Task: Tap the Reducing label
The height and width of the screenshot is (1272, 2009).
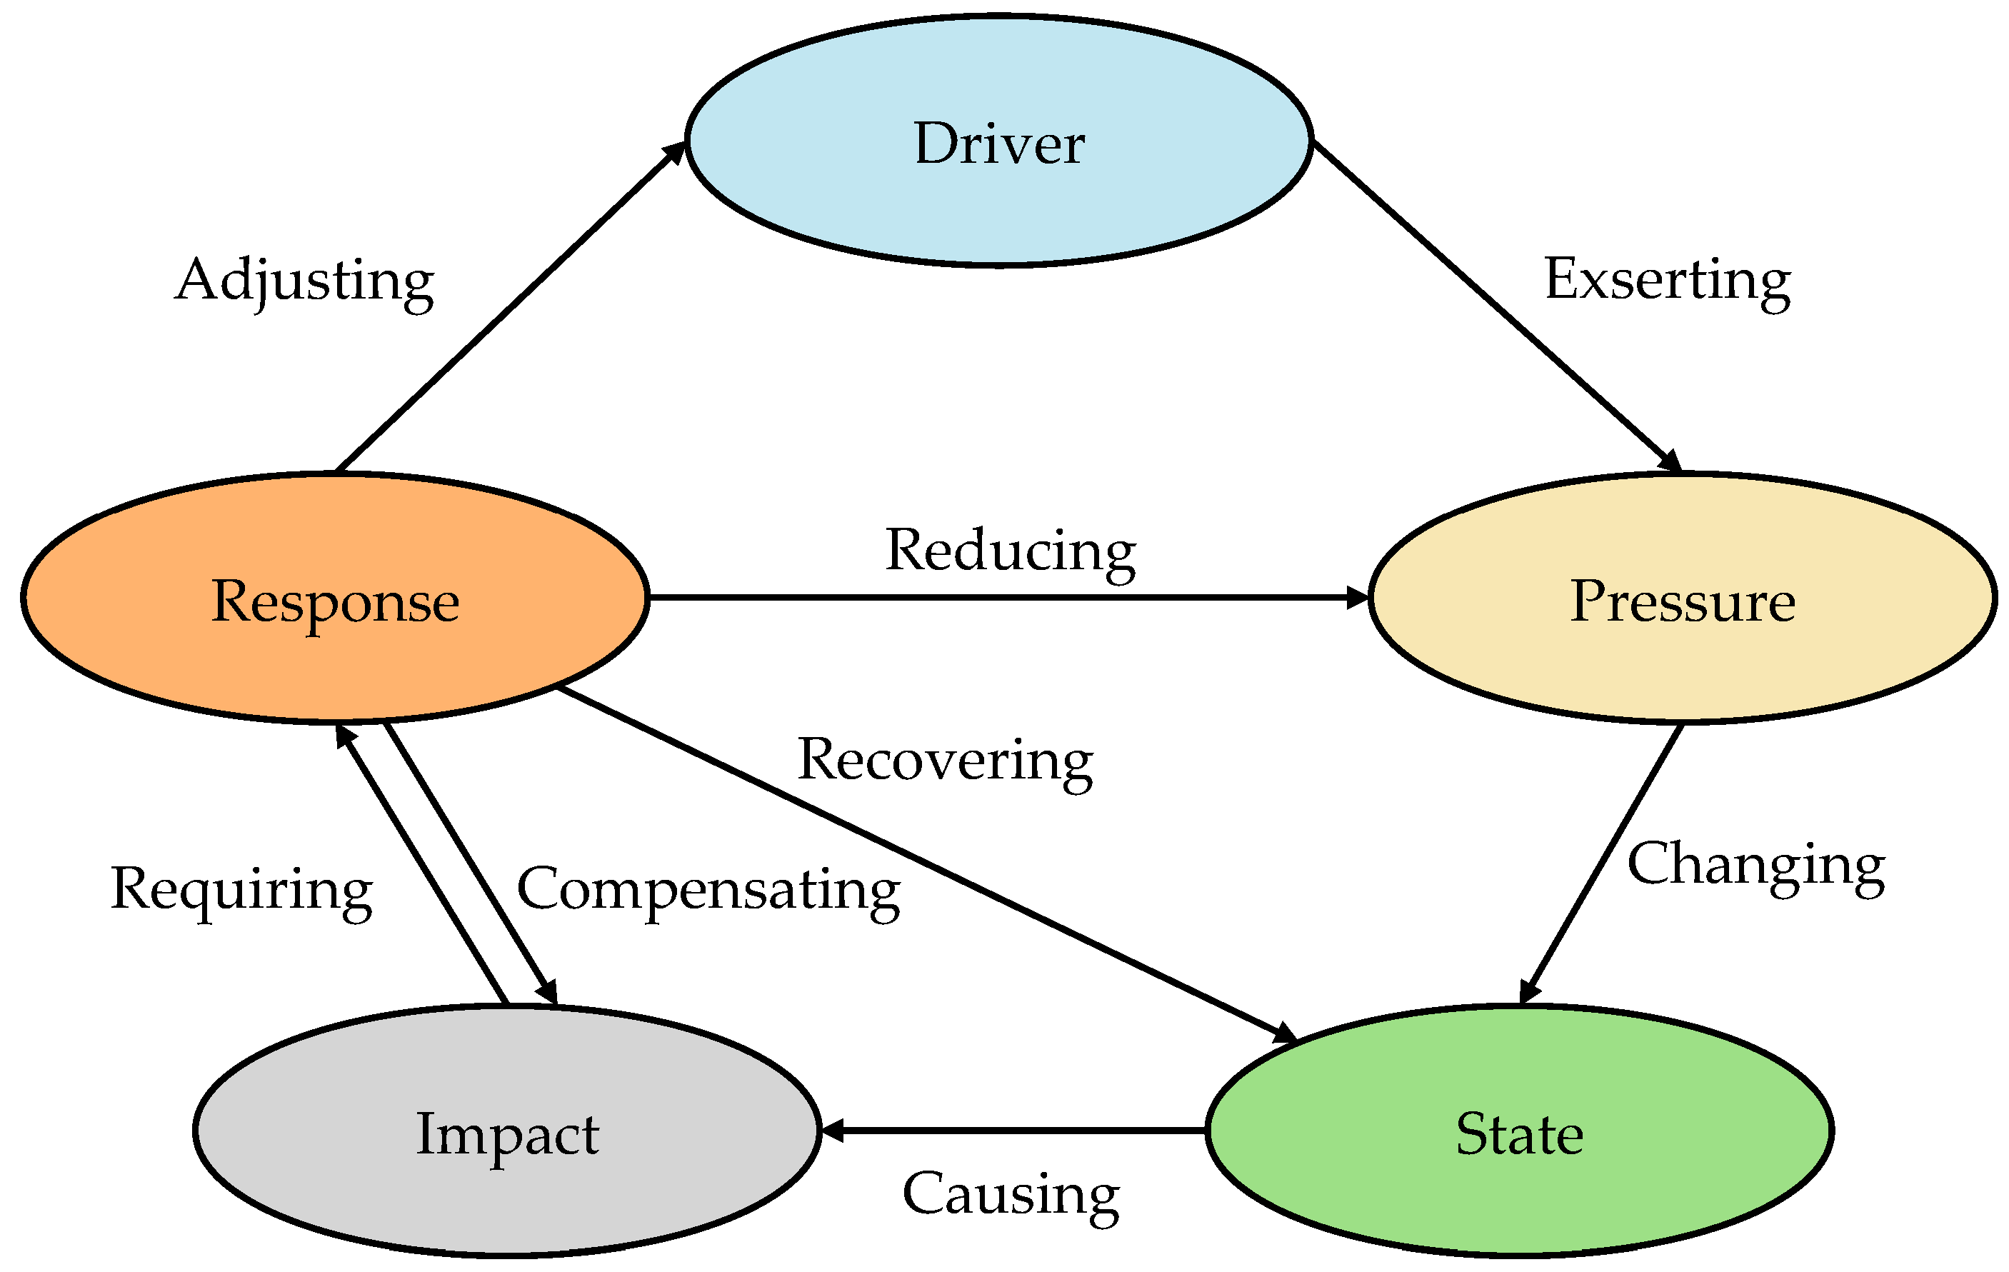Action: pos(1011,551)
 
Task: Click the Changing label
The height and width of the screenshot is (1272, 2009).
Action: pos(1756,865)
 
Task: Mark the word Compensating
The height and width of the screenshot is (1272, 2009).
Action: pos(708,890)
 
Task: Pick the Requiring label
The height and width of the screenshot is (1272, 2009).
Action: pos(241,890)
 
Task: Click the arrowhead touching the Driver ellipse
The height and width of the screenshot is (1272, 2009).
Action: pos(674,152)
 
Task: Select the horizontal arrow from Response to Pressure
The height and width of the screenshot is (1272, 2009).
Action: pos(1001,597)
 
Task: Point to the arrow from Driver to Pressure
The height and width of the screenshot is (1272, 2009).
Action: pos(1493,304)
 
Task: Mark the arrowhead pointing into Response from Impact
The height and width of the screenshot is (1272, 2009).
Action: pos(344,736)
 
